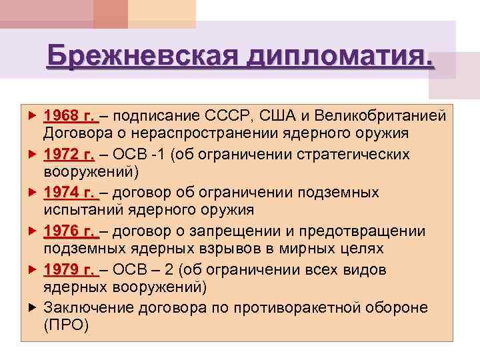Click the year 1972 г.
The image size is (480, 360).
(x=69, y=155)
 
